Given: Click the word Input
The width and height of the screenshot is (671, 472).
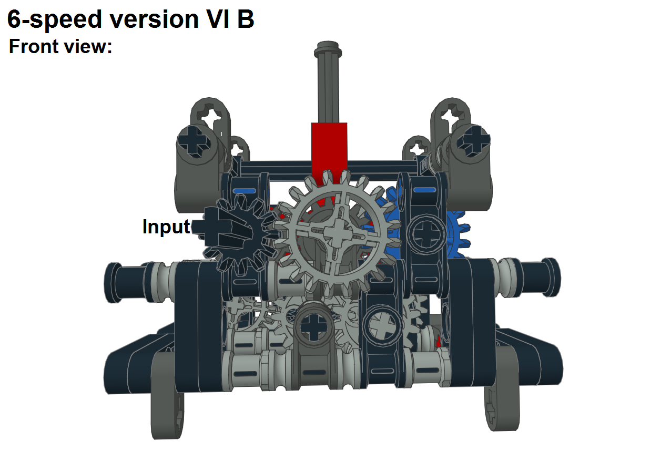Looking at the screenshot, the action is click(166, 227).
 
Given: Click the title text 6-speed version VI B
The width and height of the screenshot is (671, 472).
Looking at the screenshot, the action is click(130, 19).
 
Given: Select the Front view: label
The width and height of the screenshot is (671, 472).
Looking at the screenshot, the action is click(60, 47).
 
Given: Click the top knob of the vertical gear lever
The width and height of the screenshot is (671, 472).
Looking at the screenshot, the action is click(328, 52).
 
